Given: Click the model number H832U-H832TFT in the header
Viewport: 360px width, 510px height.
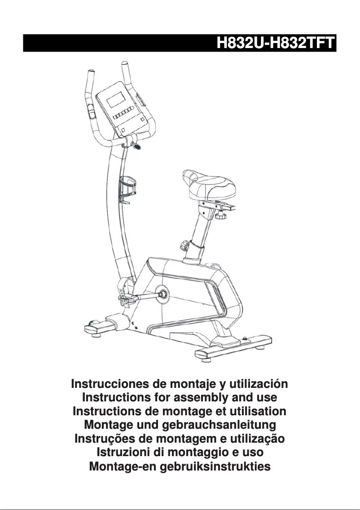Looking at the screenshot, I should pyautogui.click(x=276, y=44).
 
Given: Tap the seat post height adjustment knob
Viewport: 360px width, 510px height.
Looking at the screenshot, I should pyautogui.click(x=184, y=246).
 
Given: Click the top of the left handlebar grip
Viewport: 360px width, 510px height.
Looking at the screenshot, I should pyautogui.click(x=91, y=71).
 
